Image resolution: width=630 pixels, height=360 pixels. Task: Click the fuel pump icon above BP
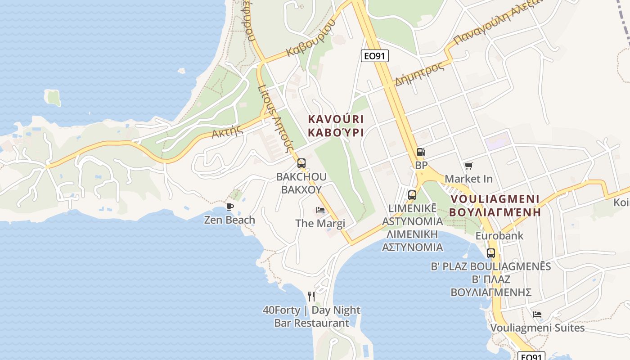coord(421,153)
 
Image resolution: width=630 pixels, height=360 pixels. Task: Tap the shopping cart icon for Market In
coord(469,166)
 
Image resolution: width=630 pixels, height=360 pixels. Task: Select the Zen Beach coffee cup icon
coord(230,207)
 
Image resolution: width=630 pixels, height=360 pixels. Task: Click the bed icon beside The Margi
coord(320,210)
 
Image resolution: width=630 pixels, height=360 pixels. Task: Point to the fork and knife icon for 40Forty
coord(311,296)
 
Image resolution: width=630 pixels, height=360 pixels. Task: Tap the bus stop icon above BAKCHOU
coord(301,163)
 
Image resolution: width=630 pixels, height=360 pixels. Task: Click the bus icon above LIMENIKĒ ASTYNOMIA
coord(412,195)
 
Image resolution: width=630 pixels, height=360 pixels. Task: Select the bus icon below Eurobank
coord(491,253)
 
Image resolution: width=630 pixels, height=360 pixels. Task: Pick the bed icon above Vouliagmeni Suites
coord(537,314)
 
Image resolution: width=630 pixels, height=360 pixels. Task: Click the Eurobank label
coord(499,235)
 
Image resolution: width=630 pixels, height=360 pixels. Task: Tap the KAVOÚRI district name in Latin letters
coord(336,119)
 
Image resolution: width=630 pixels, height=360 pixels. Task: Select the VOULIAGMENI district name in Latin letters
coord(495,199)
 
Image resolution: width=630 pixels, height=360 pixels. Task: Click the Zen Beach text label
coord(229,220)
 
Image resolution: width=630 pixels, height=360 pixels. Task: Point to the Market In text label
coord(468,179)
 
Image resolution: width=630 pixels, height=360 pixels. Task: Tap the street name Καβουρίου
coord(311,39)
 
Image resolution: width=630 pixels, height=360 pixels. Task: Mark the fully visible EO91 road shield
coord(374,56)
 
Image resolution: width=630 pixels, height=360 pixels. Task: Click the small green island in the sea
coord(53,98)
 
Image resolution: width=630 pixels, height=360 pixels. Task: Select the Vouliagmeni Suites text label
coord(537,328)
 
